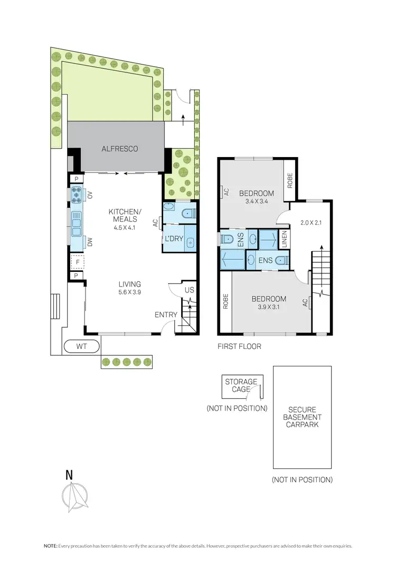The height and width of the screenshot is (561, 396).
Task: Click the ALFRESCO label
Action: [120, 149]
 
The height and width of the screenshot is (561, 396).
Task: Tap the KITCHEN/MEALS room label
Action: [123, 215]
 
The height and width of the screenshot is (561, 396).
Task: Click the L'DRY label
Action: [174, 239]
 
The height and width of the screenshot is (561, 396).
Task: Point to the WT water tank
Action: [81, 346]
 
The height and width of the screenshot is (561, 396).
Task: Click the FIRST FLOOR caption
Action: [239, 347]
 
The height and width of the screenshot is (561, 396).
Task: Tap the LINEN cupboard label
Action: [285, 240]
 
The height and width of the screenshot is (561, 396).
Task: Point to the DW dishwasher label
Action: [90, 242]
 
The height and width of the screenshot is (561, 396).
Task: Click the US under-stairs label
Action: [190, 290]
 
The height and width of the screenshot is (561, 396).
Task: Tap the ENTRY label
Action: [166, 315]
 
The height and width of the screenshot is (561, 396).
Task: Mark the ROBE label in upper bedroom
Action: [290, 181]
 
